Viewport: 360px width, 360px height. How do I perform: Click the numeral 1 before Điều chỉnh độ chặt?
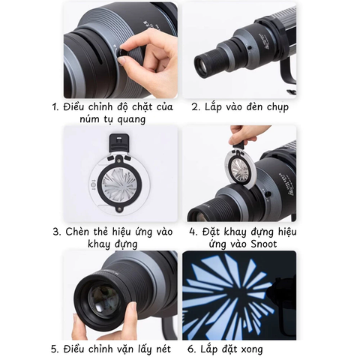[x=55, y=107]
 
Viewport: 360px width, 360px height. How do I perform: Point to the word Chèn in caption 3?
[x=81, y=231]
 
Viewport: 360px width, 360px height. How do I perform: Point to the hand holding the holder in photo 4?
[x=247, y=135]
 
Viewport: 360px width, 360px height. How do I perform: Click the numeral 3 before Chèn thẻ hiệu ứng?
[x=55, y=231]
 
